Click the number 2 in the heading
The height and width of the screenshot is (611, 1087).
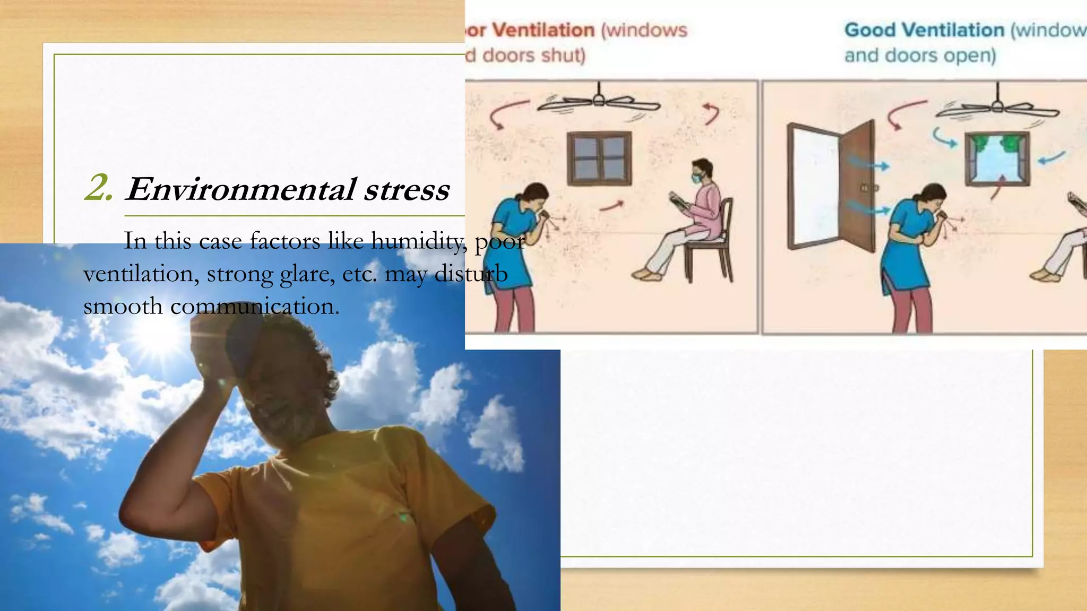[x=99, y=188]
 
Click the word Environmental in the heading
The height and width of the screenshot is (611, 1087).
[x=240, y=189]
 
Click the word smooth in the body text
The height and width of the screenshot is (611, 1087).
[x=123, y=307]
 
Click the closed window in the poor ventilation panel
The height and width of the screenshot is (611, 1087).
[x=599, y=158]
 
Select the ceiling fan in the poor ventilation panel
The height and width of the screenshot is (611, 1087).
[x=599, y=102]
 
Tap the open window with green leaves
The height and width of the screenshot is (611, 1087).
[x=997, y=158]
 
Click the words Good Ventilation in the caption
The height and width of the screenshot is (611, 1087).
[x=924, y=30]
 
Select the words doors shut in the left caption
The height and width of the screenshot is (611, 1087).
[x=533, y=55]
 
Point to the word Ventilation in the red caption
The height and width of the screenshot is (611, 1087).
[x=543, y=30]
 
